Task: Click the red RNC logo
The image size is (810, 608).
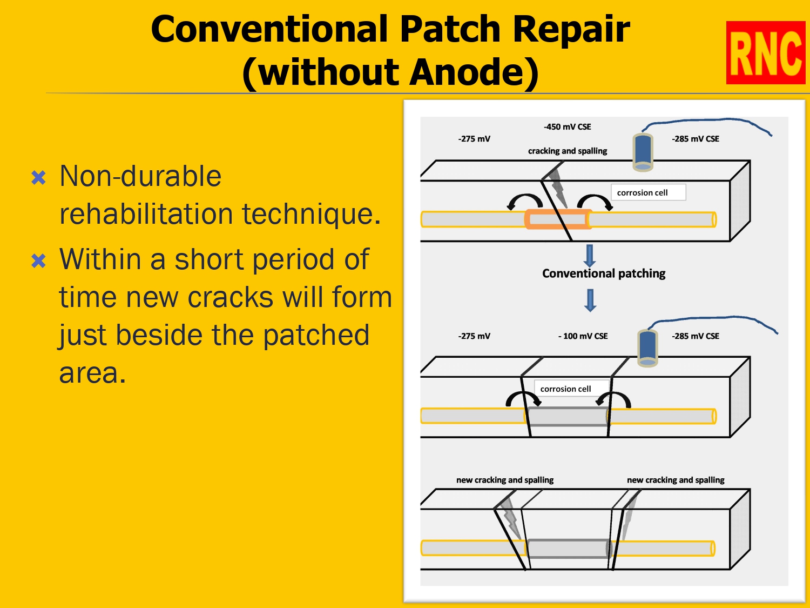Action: pos(765,53)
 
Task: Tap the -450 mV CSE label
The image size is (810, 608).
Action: pos(567,127)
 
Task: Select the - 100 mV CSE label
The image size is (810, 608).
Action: pos(583,336)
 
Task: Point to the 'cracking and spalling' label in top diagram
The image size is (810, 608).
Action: pos(567,151)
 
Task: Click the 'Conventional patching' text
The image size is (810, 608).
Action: pos(603,273)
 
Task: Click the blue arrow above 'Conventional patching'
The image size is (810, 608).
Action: pos(590,255)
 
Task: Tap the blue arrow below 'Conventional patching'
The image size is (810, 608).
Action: pos(590,300)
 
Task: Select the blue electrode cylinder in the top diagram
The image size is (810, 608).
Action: pos(643,152)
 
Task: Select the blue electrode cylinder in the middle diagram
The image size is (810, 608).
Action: pos(647,348)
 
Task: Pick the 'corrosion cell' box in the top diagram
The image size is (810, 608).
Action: pos(648,192)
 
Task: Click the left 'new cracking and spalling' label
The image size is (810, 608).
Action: pos(504,480)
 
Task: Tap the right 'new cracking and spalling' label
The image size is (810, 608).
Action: pos(675,480)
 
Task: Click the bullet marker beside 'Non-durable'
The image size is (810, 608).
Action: pos(39,177)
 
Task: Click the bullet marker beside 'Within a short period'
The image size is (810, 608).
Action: pos(39,261)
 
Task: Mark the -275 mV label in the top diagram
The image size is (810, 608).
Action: pos(474,139)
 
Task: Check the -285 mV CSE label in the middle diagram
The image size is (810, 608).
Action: pos(695,336)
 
